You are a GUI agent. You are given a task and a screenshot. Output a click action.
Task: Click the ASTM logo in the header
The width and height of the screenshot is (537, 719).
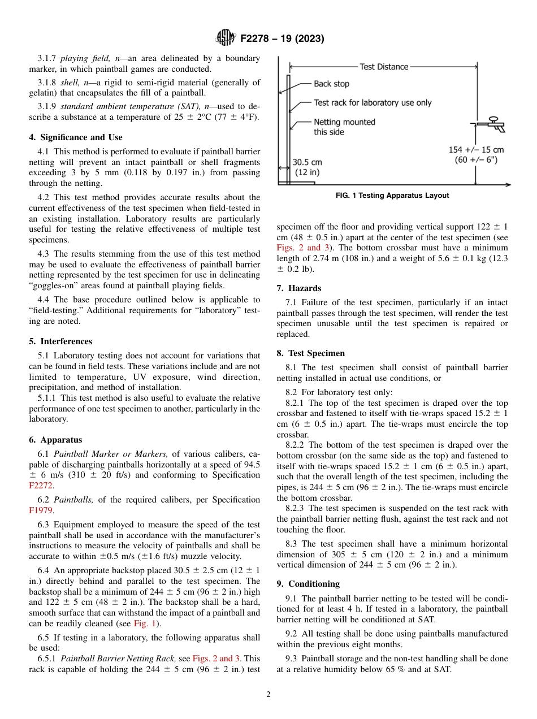point(226,38)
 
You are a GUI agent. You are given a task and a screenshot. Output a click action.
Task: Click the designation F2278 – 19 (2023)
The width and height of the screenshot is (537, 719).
point(282,39)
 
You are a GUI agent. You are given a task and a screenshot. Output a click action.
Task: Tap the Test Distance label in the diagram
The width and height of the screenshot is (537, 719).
point(384,67)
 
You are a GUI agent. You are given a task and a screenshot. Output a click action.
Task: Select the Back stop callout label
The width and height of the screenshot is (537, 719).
point(331,84)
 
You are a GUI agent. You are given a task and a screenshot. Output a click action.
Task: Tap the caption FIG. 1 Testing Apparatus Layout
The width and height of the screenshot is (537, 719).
point(392,196)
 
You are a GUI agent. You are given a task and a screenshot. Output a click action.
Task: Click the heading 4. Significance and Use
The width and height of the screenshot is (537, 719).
point(75,137)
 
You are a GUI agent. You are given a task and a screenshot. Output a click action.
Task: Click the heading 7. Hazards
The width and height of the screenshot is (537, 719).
point(299,288)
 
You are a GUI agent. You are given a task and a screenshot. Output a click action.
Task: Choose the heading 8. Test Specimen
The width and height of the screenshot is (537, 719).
point(310,353)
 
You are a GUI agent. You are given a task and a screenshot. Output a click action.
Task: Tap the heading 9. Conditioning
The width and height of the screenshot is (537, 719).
point(308,584)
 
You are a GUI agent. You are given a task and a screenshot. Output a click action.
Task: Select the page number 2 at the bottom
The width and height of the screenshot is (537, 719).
point(268,695)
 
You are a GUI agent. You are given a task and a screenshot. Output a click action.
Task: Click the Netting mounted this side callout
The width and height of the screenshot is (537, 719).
point(344,127)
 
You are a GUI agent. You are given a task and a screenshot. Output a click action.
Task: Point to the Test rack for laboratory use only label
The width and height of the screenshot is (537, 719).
point(373,103)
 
